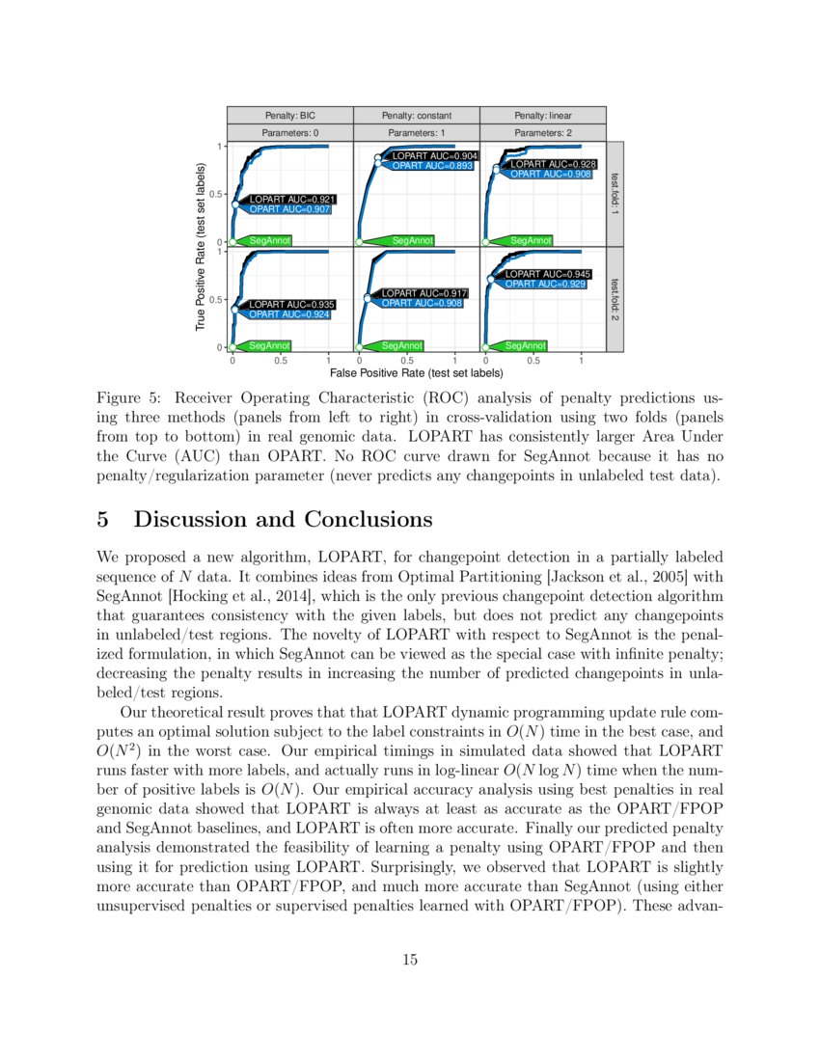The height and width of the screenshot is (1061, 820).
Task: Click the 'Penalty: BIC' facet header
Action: coord(290,115)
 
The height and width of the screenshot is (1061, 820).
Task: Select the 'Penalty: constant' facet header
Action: coord(417,115)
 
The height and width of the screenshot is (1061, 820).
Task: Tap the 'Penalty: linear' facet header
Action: coord(543,115)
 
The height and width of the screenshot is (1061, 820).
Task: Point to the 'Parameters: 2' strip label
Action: coord(543,132)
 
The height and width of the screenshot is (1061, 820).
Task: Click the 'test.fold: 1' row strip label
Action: coord(615,194)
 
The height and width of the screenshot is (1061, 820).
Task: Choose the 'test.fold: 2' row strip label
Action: coord(615,300)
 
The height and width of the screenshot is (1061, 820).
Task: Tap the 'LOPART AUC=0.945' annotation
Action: coord(548,274)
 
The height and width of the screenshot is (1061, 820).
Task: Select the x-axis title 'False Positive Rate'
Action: coord(417,372)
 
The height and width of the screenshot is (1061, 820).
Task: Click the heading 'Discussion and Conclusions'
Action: coord(282,520)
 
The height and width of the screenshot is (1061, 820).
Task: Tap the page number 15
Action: coord(410,960)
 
